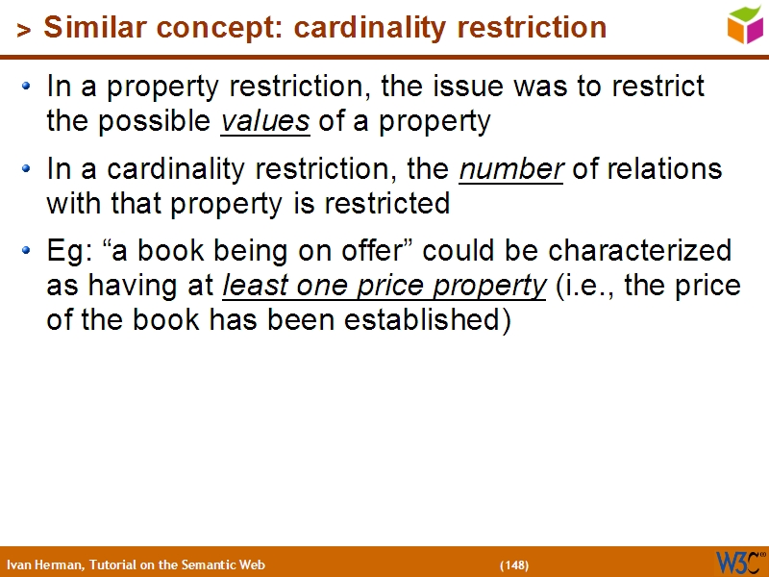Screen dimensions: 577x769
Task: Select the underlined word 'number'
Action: click(x=511, y=169)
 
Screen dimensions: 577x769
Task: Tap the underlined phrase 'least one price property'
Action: click(x=384, y=287)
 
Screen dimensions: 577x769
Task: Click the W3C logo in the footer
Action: click(x=739, y=562)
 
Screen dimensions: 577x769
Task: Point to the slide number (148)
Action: click(x=514, y=564)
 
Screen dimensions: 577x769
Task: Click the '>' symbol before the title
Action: click(x=24, y=31)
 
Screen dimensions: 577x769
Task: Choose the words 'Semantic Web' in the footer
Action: click(x=231, y=564)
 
